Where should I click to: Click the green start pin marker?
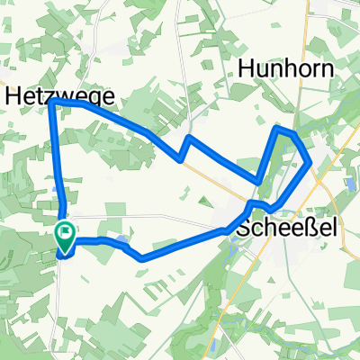(x=66, y=237)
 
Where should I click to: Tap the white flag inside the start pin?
(x=66, y=233)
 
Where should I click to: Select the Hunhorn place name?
(x=286, y=69)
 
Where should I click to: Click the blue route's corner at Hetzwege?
(x=51, y=103)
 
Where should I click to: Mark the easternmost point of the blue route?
(x=311, y=163)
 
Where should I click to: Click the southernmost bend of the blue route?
(x=141, y=258)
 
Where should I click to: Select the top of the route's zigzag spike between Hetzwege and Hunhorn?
(x=190, y=138)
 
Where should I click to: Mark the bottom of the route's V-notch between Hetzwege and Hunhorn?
(x=181, y=161)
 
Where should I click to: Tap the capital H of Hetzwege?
(x=15, y=94)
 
